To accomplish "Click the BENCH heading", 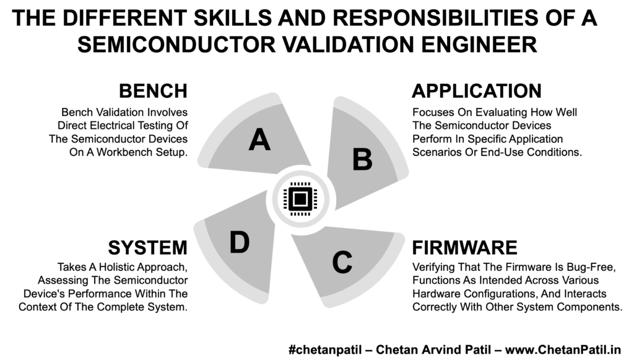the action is pos(154,91).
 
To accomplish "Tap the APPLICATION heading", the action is pos(477,91).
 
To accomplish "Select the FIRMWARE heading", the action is pos(464,248).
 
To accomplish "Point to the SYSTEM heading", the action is pos(147,248).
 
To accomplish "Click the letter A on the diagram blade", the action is pos(259,139).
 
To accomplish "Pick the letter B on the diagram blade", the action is pos(362,159).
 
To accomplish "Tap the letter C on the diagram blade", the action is pos(342,262).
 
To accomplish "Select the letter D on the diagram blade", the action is pos(240,242).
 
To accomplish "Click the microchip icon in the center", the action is pos(300,199).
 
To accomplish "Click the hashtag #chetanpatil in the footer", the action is pos(325,349).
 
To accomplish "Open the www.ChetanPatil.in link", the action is pos(563,349).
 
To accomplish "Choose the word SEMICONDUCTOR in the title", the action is pos(176,45).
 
